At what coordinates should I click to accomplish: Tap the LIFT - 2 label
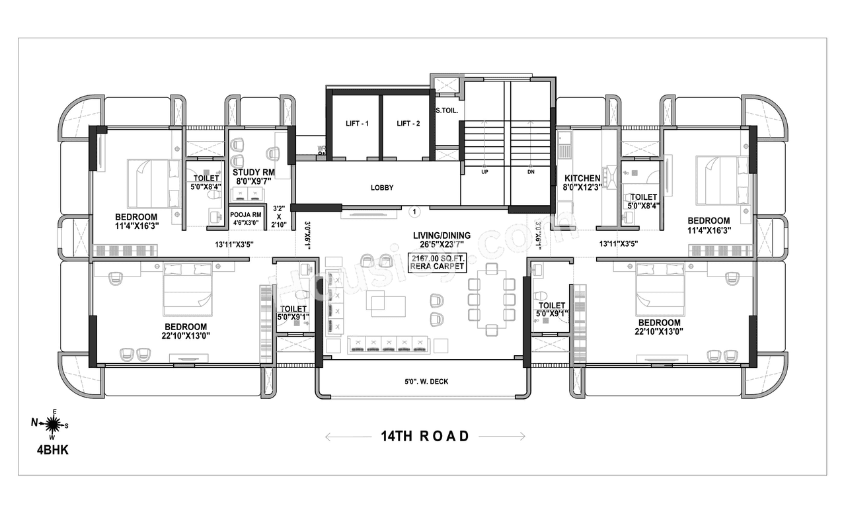[x=408, y=123]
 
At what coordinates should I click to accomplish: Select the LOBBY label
[x=381, y=188]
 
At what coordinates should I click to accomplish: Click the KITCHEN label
[x=582, y=183]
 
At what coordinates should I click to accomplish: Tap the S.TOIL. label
[x=447, y=111]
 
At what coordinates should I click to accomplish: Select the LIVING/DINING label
[x=442, y=239]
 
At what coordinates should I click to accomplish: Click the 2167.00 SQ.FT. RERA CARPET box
[x=438, y=262]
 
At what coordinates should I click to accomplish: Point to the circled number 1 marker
[x=414, y=212]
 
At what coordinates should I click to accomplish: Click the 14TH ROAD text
[x=425, y=436]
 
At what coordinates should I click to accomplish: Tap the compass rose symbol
[x=54, y=423]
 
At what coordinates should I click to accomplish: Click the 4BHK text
[x=53, y=450]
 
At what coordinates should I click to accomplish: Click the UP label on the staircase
[x=484, y=171]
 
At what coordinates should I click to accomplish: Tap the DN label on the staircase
[x=530, y=171]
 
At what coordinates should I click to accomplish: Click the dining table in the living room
[x=490, y=298]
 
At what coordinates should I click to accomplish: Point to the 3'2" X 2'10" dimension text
[x=279, y=216]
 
